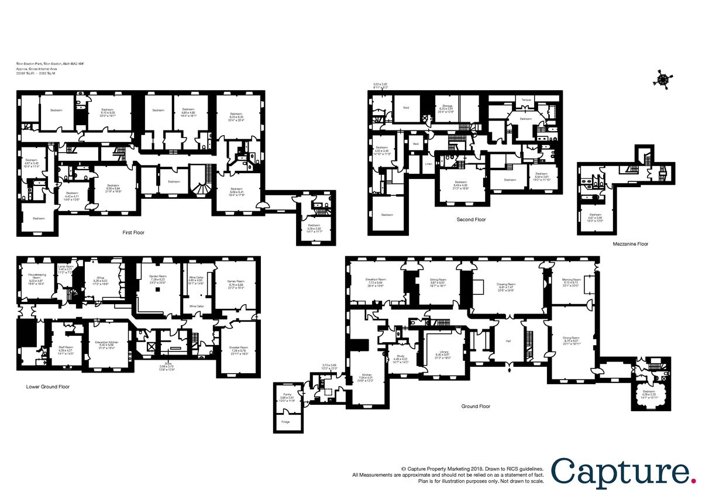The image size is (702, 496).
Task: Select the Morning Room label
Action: [571, 280]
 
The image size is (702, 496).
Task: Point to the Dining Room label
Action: [571, 337]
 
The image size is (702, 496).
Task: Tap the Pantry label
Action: [287, 395]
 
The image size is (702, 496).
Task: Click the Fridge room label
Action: [285, 421]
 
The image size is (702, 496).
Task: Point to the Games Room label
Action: [235, 281]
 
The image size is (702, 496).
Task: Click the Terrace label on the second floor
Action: [526, 100]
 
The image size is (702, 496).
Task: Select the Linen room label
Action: [428, 163]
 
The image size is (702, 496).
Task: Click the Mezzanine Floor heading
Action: [630, 244]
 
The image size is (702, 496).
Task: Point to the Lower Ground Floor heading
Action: [48, 387]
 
